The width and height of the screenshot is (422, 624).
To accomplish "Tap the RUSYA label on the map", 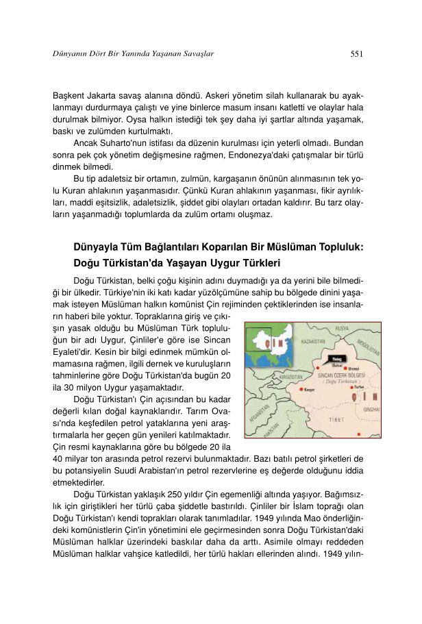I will pyautogui.click(x=342, y=329).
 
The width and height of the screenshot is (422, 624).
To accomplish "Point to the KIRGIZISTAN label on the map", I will pyautogui.click(x=273, y=377).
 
